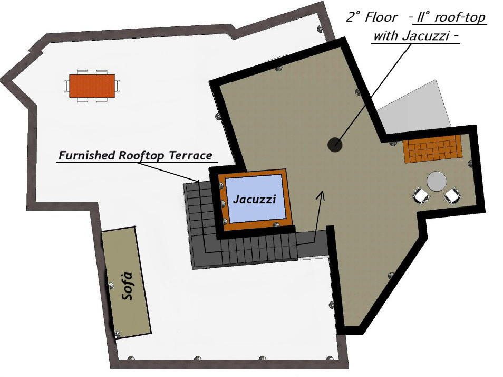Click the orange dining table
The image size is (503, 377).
point(92,86)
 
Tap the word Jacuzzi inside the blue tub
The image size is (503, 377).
point(254,200)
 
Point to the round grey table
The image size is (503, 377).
point(437,181)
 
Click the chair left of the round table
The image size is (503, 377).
point(421,196)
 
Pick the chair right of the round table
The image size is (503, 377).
point(452,196)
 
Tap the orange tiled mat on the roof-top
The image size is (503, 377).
point(432,149)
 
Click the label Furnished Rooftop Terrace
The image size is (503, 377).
point(135,156)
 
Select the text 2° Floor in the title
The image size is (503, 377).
point(371,17)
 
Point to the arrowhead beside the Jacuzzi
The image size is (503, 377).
point(320,194)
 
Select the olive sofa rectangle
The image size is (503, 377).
point(127,282)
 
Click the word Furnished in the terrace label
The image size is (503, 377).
point(86,156)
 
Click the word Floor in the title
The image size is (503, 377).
point(381,17)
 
